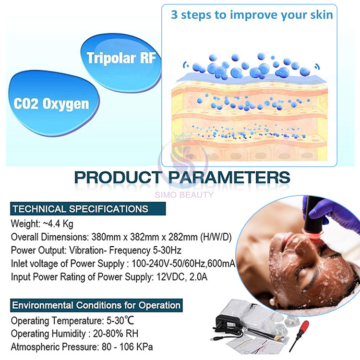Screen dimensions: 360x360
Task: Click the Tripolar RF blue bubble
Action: tap(121, 58)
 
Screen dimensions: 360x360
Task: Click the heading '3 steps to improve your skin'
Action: tap(252, 14)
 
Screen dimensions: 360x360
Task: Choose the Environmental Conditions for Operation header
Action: tap(96, 305)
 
